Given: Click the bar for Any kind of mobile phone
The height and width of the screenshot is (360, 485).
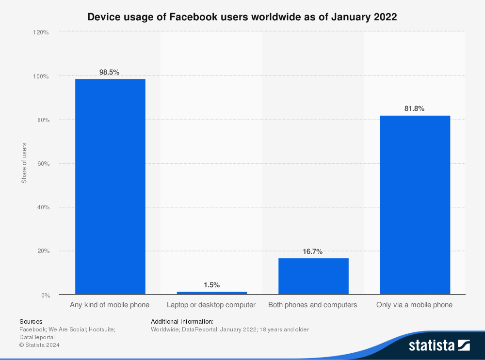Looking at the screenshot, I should (x=110, y=187).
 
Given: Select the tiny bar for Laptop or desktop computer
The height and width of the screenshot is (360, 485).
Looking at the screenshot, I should (x=211, y=293).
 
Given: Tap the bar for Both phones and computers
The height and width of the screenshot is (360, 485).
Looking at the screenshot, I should (x=313, y=276).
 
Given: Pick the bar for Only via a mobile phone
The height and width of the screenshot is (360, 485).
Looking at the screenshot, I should (x=415, y=205).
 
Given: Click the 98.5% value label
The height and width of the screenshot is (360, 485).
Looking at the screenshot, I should (x=109, y=72).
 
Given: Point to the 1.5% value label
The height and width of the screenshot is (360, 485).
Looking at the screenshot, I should (x=211, y=285).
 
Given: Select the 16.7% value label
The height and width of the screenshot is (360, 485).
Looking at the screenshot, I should (x=313, y=251).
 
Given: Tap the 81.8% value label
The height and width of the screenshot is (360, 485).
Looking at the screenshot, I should (x=414, y=109).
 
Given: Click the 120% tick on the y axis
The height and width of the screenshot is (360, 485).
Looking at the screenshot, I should (x=41, y=32).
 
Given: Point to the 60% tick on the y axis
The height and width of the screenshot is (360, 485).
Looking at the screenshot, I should (x=42, y=164).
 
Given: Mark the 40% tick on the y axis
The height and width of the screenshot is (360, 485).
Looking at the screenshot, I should (x=42, y=207).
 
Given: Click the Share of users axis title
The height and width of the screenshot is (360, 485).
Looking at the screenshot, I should (x=24, y=163).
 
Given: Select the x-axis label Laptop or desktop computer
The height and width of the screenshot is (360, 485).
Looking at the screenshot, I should (x=211, y=305).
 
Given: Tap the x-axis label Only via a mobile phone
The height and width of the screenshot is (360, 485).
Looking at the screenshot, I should (x=414, y=305).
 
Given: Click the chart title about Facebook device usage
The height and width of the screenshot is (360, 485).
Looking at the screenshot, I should (x=242, y=17).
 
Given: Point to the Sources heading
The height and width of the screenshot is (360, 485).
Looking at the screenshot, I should (x=31, y=321).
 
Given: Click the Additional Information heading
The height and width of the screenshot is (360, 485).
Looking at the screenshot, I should (x=182, y=321).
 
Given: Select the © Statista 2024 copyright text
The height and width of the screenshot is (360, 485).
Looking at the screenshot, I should (x=39, y=345).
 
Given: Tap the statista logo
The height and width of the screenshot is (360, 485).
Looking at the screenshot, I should (x=439, y=345).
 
